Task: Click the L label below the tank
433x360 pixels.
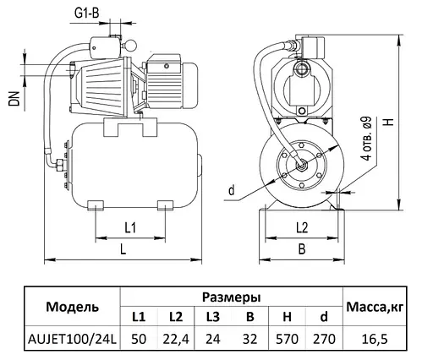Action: point(123,249)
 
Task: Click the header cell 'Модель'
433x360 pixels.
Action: point(72,306)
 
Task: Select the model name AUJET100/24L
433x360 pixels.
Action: point(72,338)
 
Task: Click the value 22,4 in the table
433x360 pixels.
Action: point(175,338)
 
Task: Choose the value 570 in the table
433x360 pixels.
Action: point(286,338)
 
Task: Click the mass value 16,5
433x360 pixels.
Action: point(377,338)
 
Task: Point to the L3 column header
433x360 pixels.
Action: point(212,317)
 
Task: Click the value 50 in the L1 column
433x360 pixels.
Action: point(139,338)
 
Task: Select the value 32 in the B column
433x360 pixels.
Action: point(249,338)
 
